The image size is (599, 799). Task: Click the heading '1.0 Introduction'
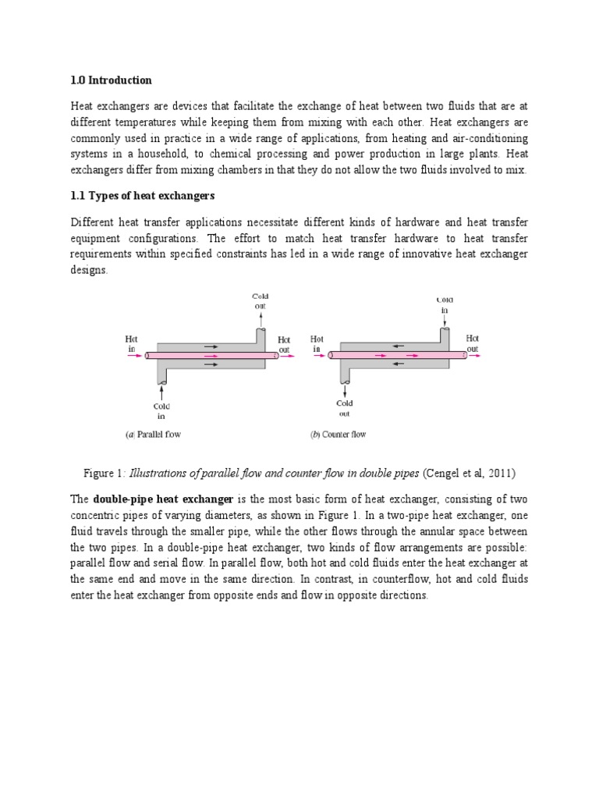tap(112, 80)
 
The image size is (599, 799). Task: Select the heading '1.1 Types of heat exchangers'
tap(142, 194)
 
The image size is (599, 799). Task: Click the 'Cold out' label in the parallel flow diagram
tap(259, 301)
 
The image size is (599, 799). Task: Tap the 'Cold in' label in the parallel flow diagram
tap(161, 411)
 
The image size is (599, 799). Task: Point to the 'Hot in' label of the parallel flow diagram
tap(132, 344)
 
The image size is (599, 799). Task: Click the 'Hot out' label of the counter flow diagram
tap(473, 344)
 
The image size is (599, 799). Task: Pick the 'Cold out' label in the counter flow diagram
tap(344, 408)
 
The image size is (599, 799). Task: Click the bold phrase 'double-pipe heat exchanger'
tap(163, 499)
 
